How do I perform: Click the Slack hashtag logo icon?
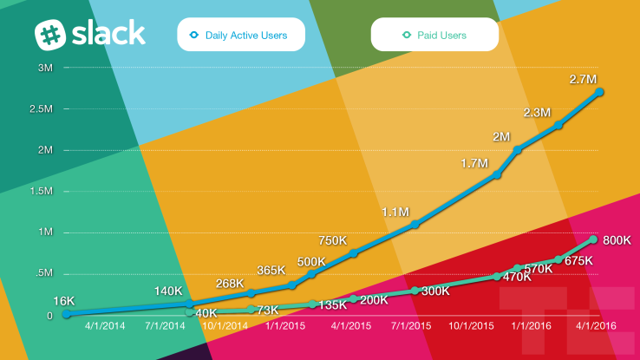[51, 35]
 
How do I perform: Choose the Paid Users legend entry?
[434, 36]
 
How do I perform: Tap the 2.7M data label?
[584, 79]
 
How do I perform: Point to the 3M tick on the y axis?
[44, 68]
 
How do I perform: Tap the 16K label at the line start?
[64, 300]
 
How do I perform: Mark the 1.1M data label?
[396, 212]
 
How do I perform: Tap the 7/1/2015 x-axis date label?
[412, 326]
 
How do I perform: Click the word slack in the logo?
[108, 34]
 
